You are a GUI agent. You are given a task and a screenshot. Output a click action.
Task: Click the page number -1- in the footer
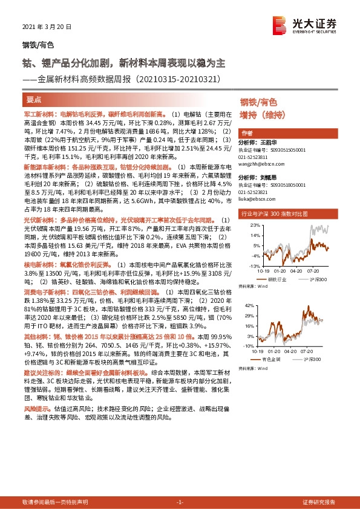[x=180, y=502]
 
